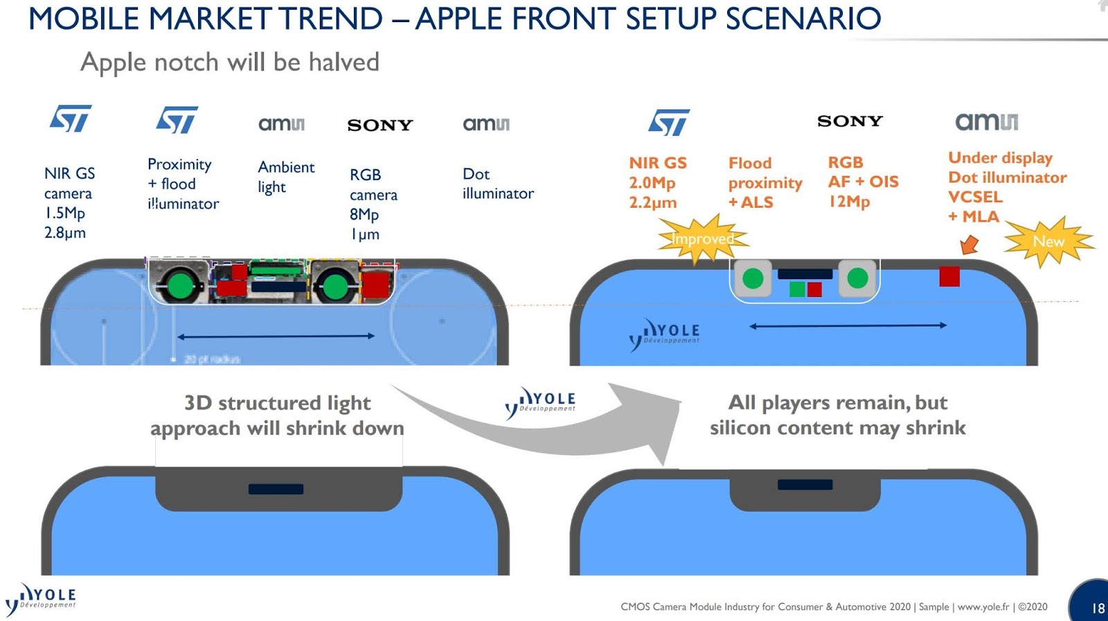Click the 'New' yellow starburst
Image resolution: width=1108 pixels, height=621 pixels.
click(x=1048, y=242)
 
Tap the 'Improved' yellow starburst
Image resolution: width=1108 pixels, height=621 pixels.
click(x=702, y=240)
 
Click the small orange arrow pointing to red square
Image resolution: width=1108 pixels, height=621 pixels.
click(x=969, y=244)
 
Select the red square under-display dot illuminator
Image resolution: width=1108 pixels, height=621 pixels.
click(x=949, y=276)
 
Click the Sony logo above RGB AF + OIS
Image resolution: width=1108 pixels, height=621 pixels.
click(x=850, y=121)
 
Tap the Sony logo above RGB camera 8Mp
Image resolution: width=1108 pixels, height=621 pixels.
click(x=379, y=125)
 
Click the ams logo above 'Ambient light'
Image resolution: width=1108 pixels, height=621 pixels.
click(x=281, y=124)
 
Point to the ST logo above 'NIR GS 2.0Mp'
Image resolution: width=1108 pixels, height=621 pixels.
click(x=669, y=122)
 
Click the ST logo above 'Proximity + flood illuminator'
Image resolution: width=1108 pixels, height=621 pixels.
click(x=177, y=120)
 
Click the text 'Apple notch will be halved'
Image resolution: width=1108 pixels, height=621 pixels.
click(x=230, y=62)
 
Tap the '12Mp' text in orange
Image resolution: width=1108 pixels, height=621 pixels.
click(x=849, y=201)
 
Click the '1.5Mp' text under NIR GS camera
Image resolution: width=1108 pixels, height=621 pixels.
click(x=64, y=213)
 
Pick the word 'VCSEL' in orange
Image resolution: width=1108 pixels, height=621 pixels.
click(x=975, y=197)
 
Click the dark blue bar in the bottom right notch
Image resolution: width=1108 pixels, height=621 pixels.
click(x=805, y=485)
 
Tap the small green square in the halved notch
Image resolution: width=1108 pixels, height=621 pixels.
click(x=797, y=289)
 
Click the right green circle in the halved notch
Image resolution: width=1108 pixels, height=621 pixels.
click(x=857, y=278)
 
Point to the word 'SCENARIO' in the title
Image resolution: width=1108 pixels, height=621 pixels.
click(x=803, y=19)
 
